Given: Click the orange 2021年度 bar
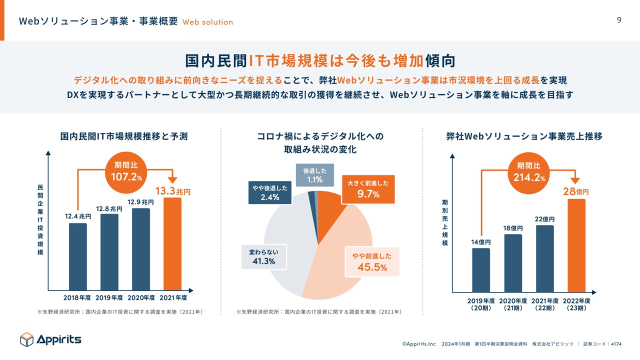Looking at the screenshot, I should [173, 244].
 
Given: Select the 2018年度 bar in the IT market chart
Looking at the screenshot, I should [78, 256].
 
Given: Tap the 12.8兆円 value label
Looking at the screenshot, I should [109, 208].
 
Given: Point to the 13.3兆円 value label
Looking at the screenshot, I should [173, 191].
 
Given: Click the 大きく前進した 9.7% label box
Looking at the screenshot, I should [368, 189].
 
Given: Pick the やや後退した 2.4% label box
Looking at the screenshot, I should [269, 192].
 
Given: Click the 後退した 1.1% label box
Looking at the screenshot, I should [315, 175].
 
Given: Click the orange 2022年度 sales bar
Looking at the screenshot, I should [576, 245].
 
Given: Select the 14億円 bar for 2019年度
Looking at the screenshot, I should [481, 269].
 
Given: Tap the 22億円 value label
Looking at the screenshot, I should [544, 219].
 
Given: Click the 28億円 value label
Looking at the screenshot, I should [576, 192].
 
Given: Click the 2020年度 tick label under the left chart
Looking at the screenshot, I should [141, 298].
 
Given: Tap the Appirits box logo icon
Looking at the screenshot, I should [26, 339].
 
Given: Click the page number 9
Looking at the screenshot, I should [619, 20].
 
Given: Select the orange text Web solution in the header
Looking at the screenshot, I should [207, 22].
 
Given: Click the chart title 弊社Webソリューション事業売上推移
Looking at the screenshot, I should [524, 136].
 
